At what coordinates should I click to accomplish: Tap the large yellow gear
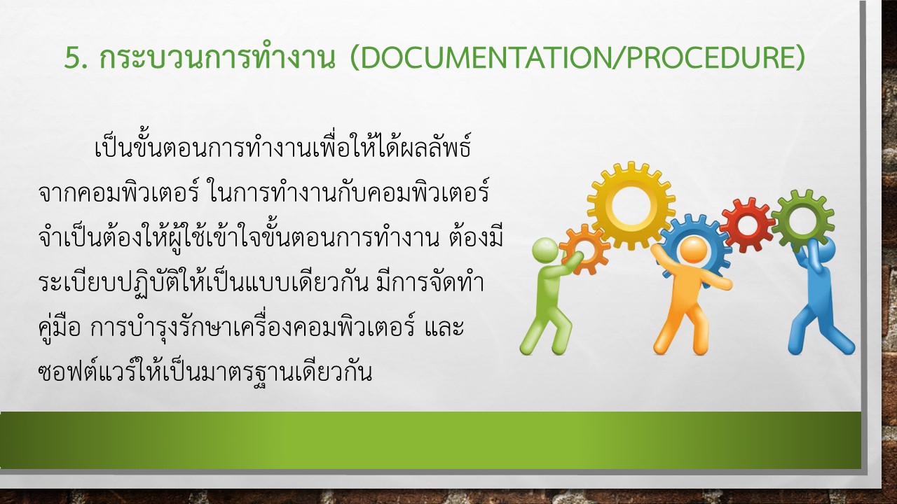click(631, 206)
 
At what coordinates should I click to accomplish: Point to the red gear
click(747, 225)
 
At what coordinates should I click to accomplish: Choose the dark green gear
click(802, 220)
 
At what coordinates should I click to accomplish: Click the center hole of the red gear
click(747, 225)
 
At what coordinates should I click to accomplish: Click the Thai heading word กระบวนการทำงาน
click(217, 58)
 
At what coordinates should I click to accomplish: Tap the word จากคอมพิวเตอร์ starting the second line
click(119, 193)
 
